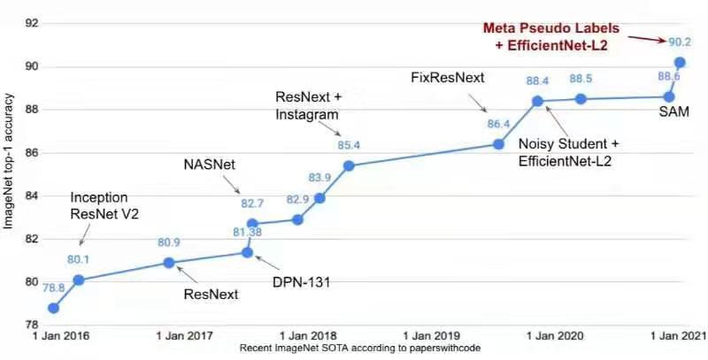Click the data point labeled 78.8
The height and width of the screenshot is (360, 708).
tap(54, 308)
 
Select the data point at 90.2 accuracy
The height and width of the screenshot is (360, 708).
tap(680, 63)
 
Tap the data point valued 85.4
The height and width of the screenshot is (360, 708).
tap(349, 165)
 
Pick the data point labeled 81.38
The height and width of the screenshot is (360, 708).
tap(248, 253)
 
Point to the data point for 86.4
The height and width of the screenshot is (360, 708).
tap(498, 144)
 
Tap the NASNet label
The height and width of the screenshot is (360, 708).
tap(209, 165)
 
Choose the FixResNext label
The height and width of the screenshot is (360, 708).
tap(448, 78)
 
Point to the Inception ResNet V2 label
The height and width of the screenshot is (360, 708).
tap(99, 205)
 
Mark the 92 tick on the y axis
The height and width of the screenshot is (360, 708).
tap(31, 24)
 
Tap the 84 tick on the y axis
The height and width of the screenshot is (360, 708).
tap(31, 195)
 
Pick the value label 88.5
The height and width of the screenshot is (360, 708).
tap(581, 79)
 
